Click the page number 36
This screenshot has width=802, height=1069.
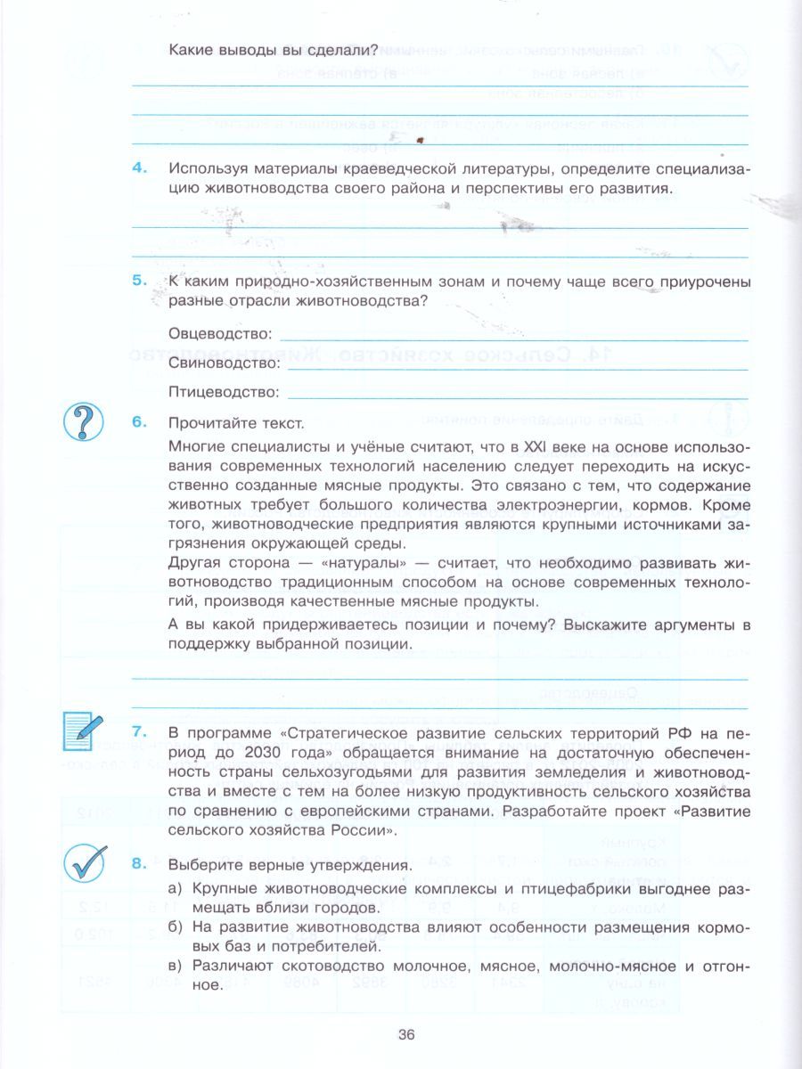tap(406, 1034)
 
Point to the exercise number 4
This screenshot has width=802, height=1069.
tap(138, 168)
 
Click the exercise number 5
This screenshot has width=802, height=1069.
tap(138, 280)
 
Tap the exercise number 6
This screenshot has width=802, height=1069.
tap(138, 421)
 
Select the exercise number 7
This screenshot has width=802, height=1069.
tap(138, 732)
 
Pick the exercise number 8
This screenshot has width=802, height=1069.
tap(138, 863)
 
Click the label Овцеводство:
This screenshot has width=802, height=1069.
tap(219, 333)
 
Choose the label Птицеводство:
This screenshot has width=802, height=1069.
tap(224, 392)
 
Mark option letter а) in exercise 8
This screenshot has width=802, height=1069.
tap(176, 888)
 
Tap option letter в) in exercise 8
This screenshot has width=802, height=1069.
tap(176, 967)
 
